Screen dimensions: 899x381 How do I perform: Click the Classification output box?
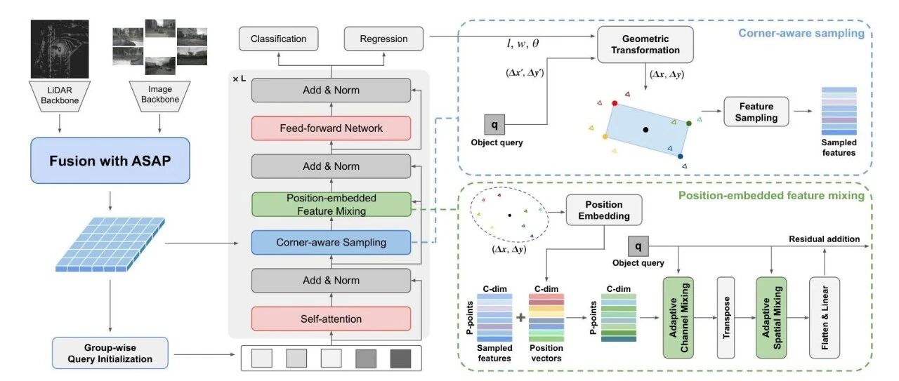(279, 39)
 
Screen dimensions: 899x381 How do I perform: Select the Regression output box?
(383, 39)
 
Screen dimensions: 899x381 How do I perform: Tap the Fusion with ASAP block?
(110, 161)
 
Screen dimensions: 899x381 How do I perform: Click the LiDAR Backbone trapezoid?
(60, 96)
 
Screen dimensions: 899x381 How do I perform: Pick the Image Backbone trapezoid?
(159, 95)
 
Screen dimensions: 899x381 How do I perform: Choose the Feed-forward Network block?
(331, 128)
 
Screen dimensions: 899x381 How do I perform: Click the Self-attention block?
(331, 319)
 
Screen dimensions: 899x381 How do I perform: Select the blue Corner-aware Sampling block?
(331, 242)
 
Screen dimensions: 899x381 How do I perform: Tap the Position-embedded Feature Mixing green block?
(331, 205)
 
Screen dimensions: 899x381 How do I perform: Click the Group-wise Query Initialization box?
(110, 353)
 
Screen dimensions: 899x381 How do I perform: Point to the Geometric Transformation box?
(645, 44)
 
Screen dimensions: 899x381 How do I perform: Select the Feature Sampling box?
(756, 112)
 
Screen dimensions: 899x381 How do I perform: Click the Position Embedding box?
(604, 210)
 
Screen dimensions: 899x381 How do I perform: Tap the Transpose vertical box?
(726, 318)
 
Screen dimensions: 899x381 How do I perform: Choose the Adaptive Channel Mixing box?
(678, 318)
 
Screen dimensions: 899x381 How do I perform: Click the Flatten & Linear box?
(825, 318)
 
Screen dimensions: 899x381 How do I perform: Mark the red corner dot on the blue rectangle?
(615, 103)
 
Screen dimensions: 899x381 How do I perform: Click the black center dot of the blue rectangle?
(645, 130)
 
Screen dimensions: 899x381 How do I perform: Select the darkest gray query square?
(400, 359)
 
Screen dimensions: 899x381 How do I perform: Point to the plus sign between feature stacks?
(520, 318)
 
